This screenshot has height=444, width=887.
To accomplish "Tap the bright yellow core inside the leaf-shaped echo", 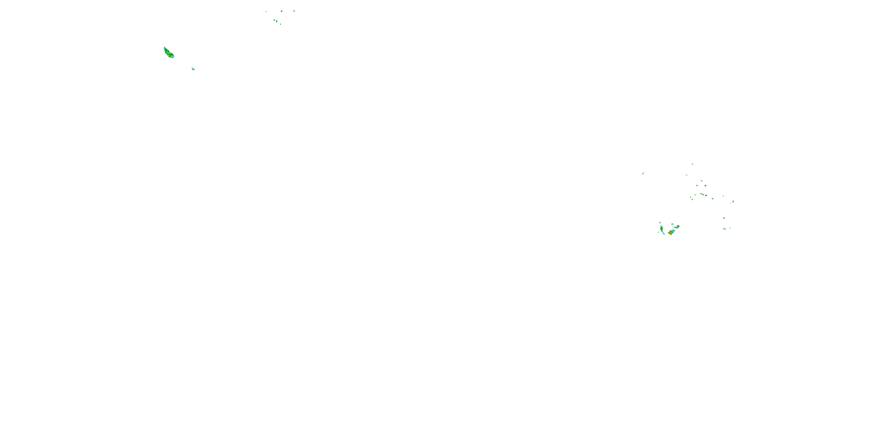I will [169, 54].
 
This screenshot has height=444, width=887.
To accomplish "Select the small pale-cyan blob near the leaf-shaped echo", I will [193, 69].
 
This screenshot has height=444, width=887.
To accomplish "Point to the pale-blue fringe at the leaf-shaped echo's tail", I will [172, 57].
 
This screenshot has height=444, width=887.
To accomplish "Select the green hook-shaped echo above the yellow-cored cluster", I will [673, 225].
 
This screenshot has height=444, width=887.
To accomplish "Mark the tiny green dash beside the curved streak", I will [658, 232].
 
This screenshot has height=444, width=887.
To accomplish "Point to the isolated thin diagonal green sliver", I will [643, 173].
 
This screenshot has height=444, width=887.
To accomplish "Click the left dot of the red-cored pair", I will [697, 186].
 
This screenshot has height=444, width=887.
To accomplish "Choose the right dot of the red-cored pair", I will [705, 186].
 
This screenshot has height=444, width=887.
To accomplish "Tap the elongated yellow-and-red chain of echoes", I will [703, 194].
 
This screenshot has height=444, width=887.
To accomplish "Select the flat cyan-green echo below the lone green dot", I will [724, 229].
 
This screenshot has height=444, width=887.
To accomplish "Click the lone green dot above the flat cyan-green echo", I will [724, 218].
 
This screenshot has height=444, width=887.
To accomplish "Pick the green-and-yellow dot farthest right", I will [733, 201].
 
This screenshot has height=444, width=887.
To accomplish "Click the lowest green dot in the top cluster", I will [280, 24].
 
